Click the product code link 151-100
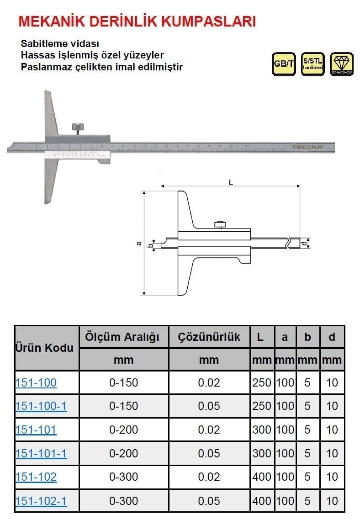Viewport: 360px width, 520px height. click(36, 382)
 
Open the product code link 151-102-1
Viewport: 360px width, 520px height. click(41, 501)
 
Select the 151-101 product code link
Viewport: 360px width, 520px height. click(36, 430)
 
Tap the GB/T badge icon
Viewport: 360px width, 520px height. click(284, 64)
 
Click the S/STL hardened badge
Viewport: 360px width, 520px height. click(312, 64)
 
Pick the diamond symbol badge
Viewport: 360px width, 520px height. click(341, 64)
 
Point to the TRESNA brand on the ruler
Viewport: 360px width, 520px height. click(307, 147)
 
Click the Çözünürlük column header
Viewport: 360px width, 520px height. click(209, 338)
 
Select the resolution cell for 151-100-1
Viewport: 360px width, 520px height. click(209, 406)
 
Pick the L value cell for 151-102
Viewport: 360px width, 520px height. click(262, 478)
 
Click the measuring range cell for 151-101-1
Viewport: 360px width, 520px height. click(123, 454)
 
